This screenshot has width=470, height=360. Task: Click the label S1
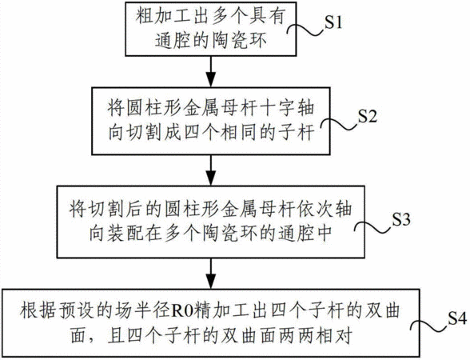point(333,22)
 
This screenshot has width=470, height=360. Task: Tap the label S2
point(368,117)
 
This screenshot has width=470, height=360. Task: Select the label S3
point(401,219)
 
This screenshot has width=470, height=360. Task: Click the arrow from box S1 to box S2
point(211,72)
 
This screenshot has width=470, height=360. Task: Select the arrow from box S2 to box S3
point(211,170)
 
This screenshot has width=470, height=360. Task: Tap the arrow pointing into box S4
point(211,274)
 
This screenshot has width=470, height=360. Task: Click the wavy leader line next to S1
point(306,30)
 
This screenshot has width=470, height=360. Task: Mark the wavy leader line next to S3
point(374,227)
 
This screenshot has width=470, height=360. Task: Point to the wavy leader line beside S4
point(430,326)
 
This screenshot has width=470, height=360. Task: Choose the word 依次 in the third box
point(314,209)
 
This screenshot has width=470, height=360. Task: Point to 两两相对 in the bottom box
point(315,336)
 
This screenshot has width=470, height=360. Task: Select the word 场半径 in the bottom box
point(144,310)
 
